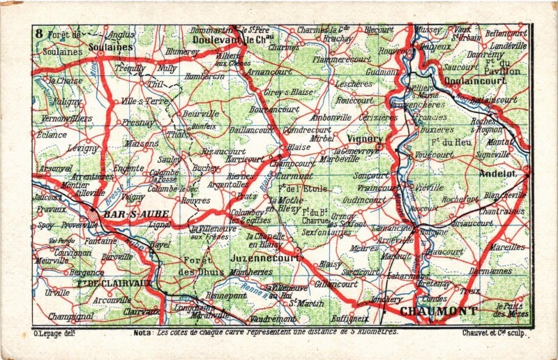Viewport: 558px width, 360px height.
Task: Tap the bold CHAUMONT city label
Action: tap(439, 310)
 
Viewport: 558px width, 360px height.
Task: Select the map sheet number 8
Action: tap(39, 32)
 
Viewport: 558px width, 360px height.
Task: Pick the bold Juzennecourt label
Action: tap(264, 257)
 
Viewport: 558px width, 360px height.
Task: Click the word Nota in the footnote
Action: tap(144, 333)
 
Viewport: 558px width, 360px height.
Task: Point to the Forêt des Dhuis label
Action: tap(197, 266)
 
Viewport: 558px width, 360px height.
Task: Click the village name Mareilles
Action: tap(506, 246)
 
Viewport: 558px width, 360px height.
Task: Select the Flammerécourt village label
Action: tap(342, 59)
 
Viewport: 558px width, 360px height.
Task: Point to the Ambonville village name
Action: tap(331, 118)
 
